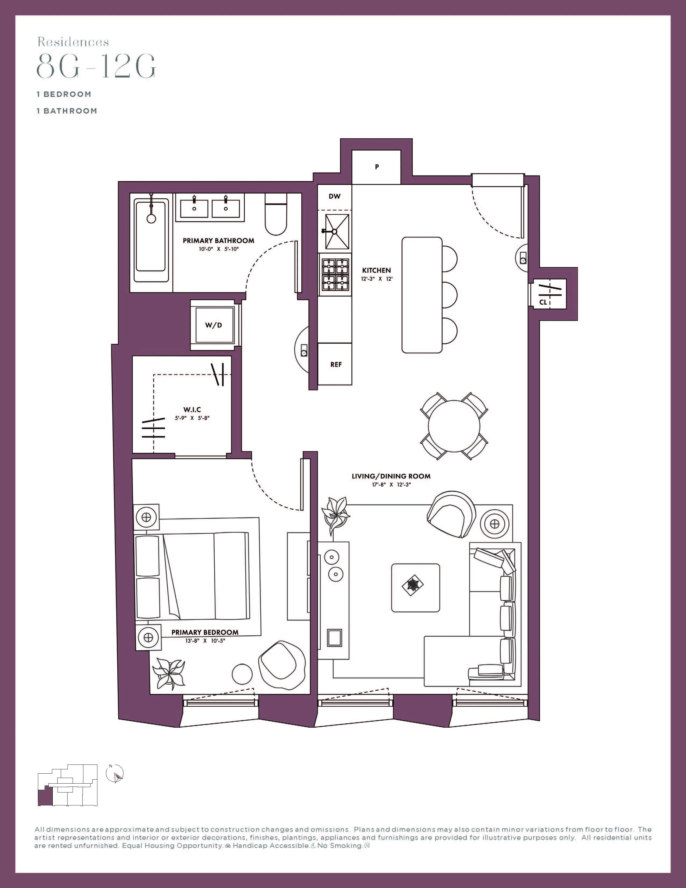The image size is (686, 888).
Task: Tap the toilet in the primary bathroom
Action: pos(276,214)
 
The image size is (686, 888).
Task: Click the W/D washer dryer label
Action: pos(213,325)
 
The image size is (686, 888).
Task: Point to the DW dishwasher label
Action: pos(334,196)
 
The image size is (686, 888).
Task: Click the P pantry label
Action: pos(377,167)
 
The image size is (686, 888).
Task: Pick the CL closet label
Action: pos(543,302)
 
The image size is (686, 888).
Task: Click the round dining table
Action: pos(454,426)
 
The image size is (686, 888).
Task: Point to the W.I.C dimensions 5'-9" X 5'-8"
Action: pos(192,418)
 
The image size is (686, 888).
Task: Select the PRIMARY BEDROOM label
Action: pos(205,632)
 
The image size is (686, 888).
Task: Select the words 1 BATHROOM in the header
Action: pos(67,111)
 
